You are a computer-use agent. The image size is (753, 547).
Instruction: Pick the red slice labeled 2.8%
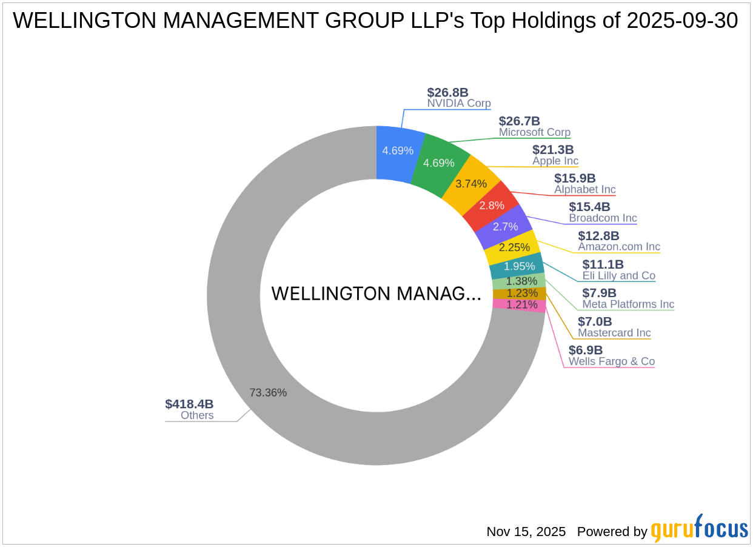tap(492, 205)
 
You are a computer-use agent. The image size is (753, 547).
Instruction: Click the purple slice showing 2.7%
tap(505, 227)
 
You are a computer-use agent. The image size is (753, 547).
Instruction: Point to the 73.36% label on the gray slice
tap(267, 392)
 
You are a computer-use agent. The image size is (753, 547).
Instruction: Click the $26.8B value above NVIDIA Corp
tap(447, 92)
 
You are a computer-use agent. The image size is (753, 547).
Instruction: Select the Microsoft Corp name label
tap(534, 132)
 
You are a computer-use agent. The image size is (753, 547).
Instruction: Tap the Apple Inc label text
tap(555, 161)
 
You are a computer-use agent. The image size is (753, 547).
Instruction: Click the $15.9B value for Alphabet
tap(575, 178)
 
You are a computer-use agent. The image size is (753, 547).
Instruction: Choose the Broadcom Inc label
tap(603, 218)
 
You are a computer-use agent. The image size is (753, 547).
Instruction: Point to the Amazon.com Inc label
tap(618, 247)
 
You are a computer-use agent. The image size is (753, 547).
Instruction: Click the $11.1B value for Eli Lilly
tap(603, 264)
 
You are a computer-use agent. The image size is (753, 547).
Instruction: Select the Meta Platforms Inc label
tap(628, 304)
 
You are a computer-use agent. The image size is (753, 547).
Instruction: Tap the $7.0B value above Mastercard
tap(594, 321)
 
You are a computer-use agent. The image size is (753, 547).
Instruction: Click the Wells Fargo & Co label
tap(611, 361)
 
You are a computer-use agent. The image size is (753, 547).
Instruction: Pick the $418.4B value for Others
tap(189, 404)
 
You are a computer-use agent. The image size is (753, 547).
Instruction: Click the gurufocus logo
tap(699, 530)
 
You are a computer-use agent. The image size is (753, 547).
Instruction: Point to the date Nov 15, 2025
tap(526, 532)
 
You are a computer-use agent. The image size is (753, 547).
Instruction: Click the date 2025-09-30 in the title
tap(682, 21)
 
